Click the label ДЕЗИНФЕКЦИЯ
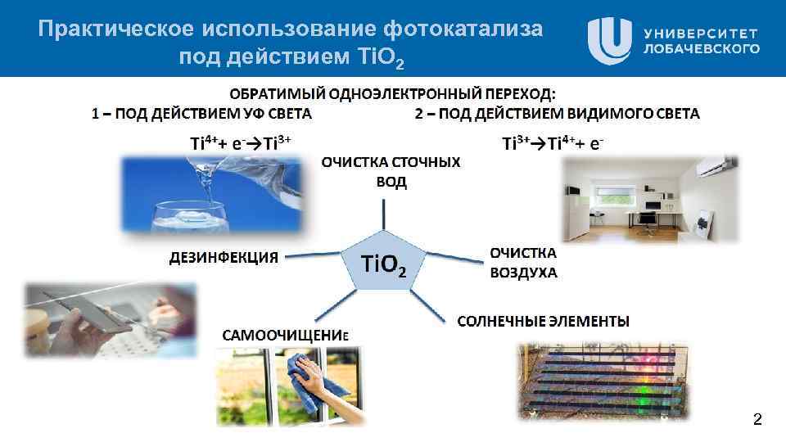tap(224, 257)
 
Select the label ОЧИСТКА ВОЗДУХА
tap(523, 263)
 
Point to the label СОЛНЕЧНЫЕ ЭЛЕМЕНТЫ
tap(542, 319)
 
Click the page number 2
tap(757, 421)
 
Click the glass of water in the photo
tap(186, 217)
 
